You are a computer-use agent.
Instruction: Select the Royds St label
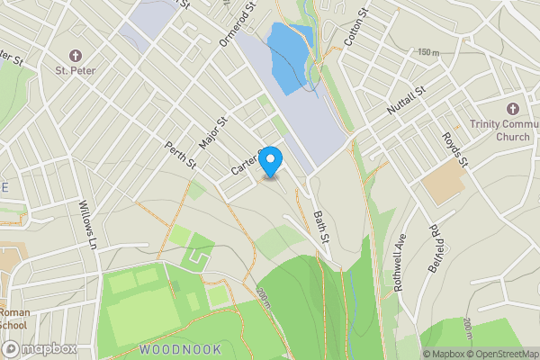pos(455,148)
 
